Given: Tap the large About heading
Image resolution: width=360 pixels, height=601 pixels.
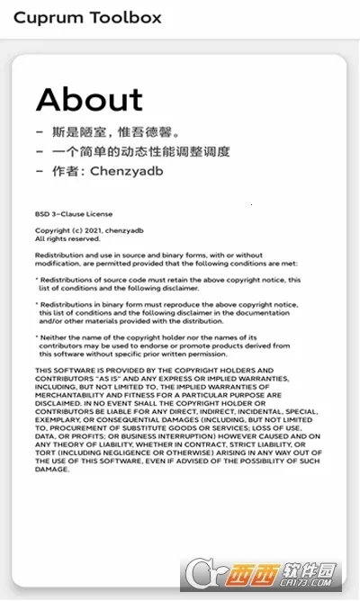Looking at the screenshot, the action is [89, 99].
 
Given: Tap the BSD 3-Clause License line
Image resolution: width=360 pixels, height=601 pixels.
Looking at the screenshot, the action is [73, 217].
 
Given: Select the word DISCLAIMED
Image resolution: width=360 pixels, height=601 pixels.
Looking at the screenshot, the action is [58, 403].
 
